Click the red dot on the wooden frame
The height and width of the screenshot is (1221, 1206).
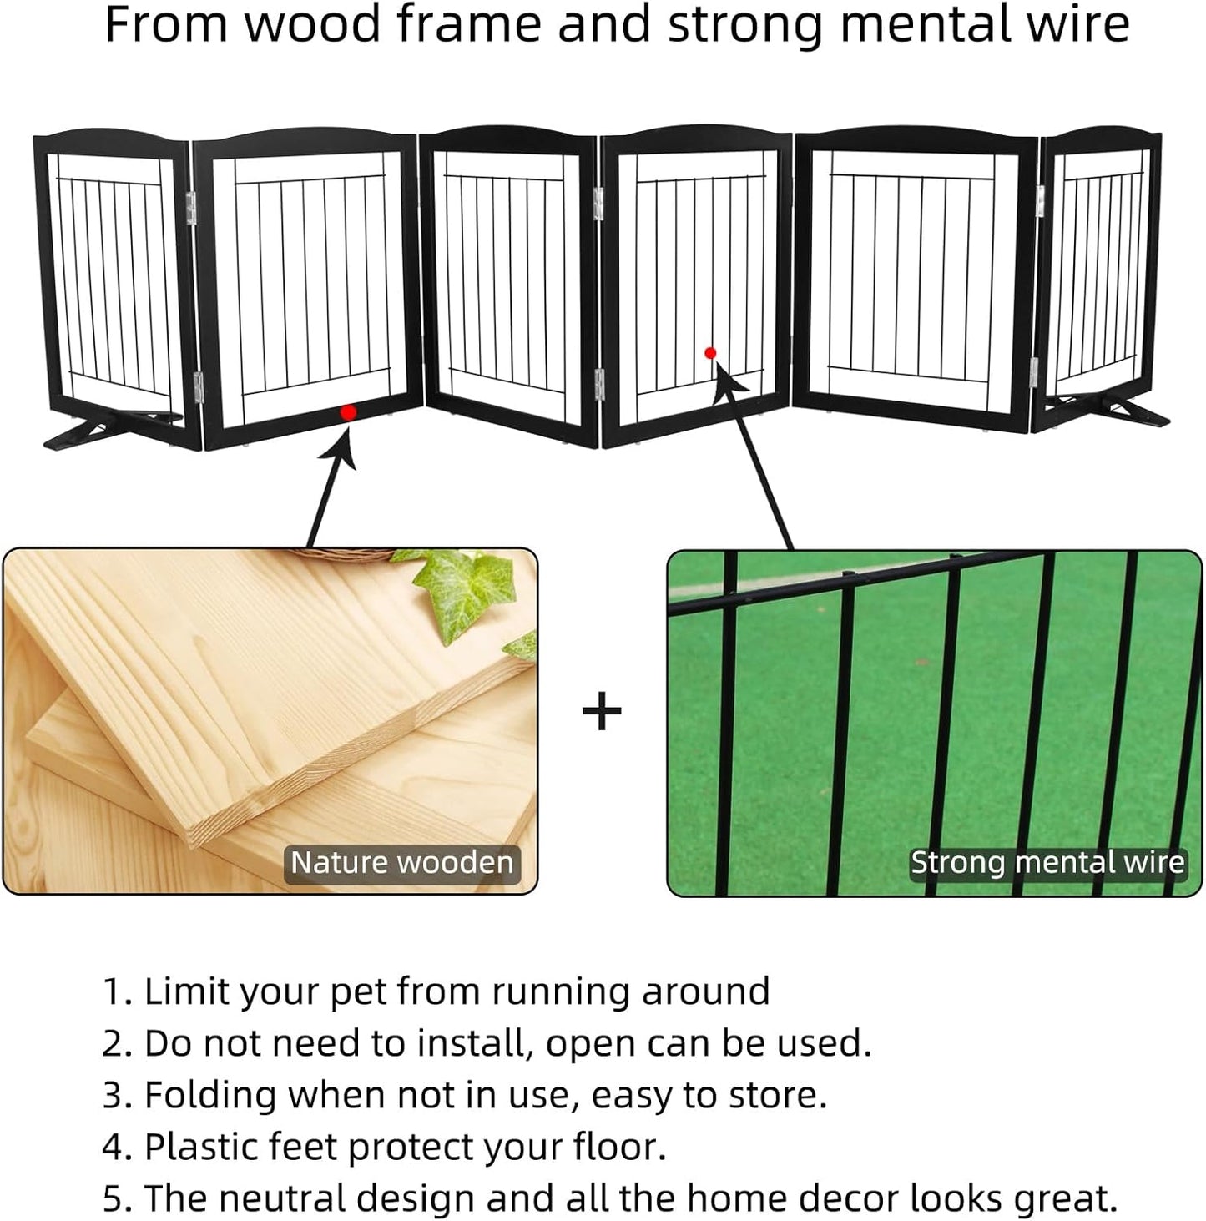349,412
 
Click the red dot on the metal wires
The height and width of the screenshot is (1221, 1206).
710,353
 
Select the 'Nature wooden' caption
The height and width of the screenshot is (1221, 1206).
401,862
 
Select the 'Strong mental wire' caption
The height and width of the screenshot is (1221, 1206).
1047,862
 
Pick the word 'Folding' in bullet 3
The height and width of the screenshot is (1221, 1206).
209,1096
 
